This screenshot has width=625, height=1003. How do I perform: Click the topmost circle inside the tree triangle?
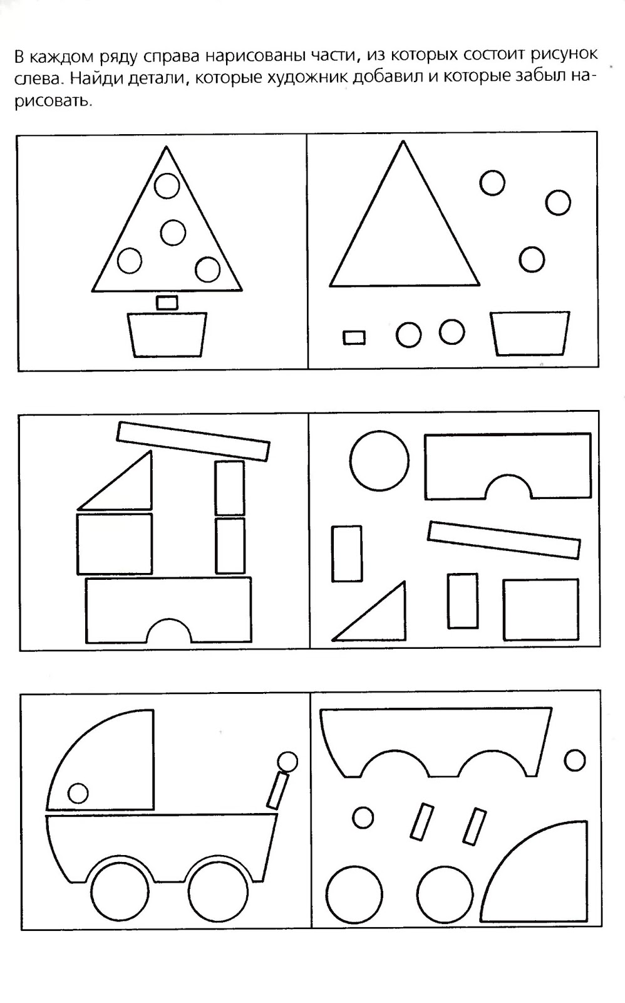pos(167,186)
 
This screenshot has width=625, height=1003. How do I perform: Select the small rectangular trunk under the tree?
pos(167,302)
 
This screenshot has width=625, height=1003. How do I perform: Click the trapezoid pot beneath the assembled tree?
pos(167,335)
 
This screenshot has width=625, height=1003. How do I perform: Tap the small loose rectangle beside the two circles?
pos(354,338)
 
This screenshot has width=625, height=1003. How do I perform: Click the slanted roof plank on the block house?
pos(194,441)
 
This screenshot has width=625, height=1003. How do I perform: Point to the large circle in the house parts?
pos(380,460)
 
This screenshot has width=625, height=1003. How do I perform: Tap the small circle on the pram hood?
pos(78,793)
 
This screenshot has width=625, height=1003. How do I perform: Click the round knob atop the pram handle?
pos(287,761)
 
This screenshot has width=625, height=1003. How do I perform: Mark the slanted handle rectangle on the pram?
pos(278,790)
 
